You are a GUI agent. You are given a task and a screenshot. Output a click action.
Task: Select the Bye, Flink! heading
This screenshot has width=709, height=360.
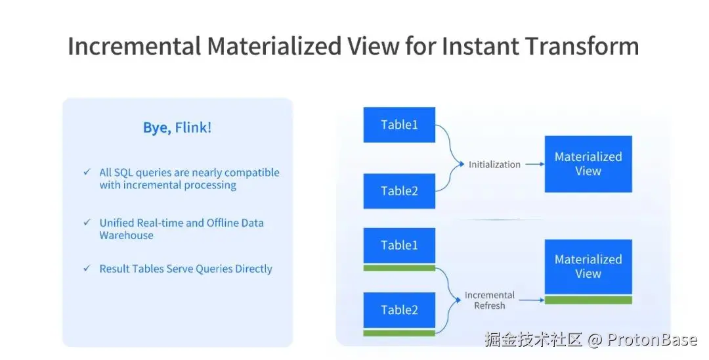(177, 127)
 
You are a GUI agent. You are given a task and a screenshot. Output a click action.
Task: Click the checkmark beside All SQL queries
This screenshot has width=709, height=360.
(87, 172)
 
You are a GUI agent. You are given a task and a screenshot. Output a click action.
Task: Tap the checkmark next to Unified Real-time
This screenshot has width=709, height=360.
(87, 223)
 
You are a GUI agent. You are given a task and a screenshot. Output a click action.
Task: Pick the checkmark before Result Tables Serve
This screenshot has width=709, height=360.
(87, 269)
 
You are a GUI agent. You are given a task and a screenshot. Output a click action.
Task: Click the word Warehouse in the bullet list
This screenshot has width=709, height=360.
(126, 235)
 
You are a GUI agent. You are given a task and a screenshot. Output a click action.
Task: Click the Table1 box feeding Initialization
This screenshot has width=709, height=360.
(399, 125)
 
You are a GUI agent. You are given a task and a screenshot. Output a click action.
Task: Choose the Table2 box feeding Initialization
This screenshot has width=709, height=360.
(399, 191)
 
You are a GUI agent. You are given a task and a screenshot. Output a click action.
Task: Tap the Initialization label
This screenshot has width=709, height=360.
(494, 164)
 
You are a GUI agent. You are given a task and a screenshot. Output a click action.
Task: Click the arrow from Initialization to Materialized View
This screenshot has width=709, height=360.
(534, 164)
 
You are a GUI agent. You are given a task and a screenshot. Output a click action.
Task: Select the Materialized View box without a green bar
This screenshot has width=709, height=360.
(588, 164)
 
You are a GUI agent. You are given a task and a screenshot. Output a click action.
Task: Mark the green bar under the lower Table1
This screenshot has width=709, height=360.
(399, 268)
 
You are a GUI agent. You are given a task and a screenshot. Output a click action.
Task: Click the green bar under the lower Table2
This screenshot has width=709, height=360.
(399, 333)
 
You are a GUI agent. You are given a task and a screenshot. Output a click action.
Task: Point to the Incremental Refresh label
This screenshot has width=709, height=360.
(490, 300)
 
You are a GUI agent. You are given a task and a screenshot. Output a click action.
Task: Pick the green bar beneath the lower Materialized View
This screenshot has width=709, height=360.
(588, 300)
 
